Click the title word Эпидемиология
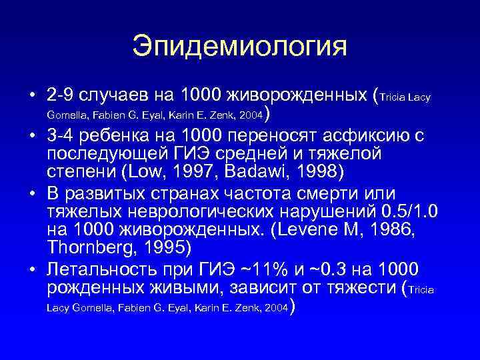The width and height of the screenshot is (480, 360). tap(240, 47)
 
